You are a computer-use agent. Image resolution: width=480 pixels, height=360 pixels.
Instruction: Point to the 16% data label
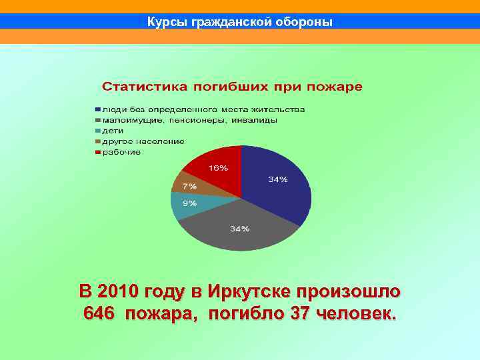pos(218,167)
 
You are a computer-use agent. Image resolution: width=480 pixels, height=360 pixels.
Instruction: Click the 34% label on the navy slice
pos(278,179)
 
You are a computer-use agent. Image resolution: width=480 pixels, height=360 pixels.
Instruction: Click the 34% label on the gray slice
pos(239,229)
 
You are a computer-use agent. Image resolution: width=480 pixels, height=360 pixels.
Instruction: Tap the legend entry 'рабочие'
pos(121,152)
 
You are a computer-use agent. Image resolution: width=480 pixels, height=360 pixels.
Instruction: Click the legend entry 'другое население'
pos(143,141)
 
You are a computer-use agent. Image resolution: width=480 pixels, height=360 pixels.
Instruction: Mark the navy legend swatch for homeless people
pos(97,109)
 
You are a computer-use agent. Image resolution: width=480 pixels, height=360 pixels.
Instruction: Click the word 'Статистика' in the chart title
pos(141,87)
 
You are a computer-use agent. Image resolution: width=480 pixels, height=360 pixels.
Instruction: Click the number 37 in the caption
pos(295,314)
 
